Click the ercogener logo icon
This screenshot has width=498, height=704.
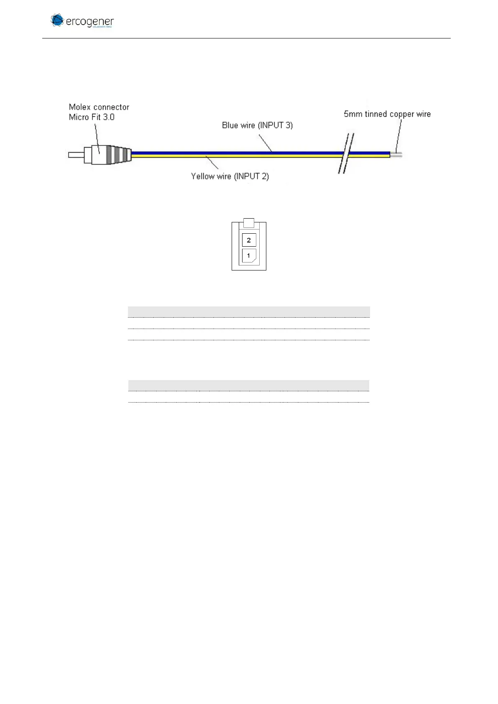click(57, 20)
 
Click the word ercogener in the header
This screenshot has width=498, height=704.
click(89, 21)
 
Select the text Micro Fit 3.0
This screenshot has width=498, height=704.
click(92, 117)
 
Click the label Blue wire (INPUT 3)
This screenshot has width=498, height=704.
click(257, 125)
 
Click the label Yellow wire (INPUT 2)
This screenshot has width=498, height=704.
click(230, 176)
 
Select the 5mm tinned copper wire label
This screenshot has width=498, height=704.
click(387, 114)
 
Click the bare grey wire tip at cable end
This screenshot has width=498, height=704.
click(396, 155)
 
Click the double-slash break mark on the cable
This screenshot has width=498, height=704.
click(347, 154)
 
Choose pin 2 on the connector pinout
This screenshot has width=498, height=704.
click(249, 240)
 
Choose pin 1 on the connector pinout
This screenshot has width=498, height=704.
click(249, 255)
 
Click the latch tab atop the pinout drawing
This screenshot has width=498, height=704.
click(249, 222)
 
